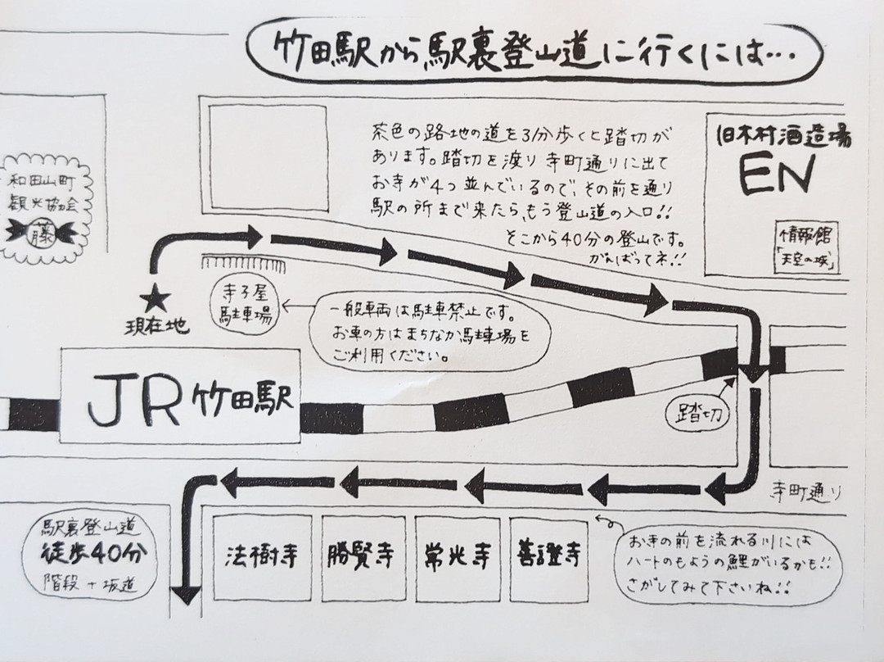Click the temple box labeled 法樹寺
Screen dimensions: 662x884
click(x=263, y=557)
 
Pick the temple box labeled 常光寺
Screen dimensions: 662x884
click(x=458, y=557)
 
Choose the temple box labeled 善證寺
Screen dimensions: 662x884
click(x=549, y=557)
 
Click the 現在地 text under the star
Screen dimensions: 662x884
click(x=162, y=328)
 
